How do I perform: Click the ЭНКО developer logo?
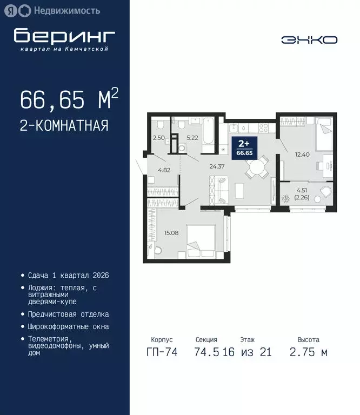click(309, 39)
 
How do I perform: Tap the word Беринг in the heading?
click(64, 36)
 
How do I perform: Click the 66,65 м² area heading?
click(69, 100)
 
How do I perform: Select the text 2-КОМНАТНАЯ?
click(64, 126)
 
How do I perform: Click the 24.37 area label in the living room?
click(217, 166)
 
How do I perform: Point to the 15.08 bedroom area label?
click(171, 233)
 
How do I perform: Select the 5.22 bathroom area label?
click(192, 138)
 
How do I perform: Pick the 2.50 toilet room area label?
click(158, 138)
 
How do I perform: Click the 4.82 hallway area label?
click(164, 170)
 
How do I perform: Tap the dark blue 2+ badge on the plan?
click(244, 146)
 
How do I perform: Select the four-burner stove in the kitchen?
click(264, 128)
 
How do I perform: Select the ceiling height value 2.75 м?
click(308, 352)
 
